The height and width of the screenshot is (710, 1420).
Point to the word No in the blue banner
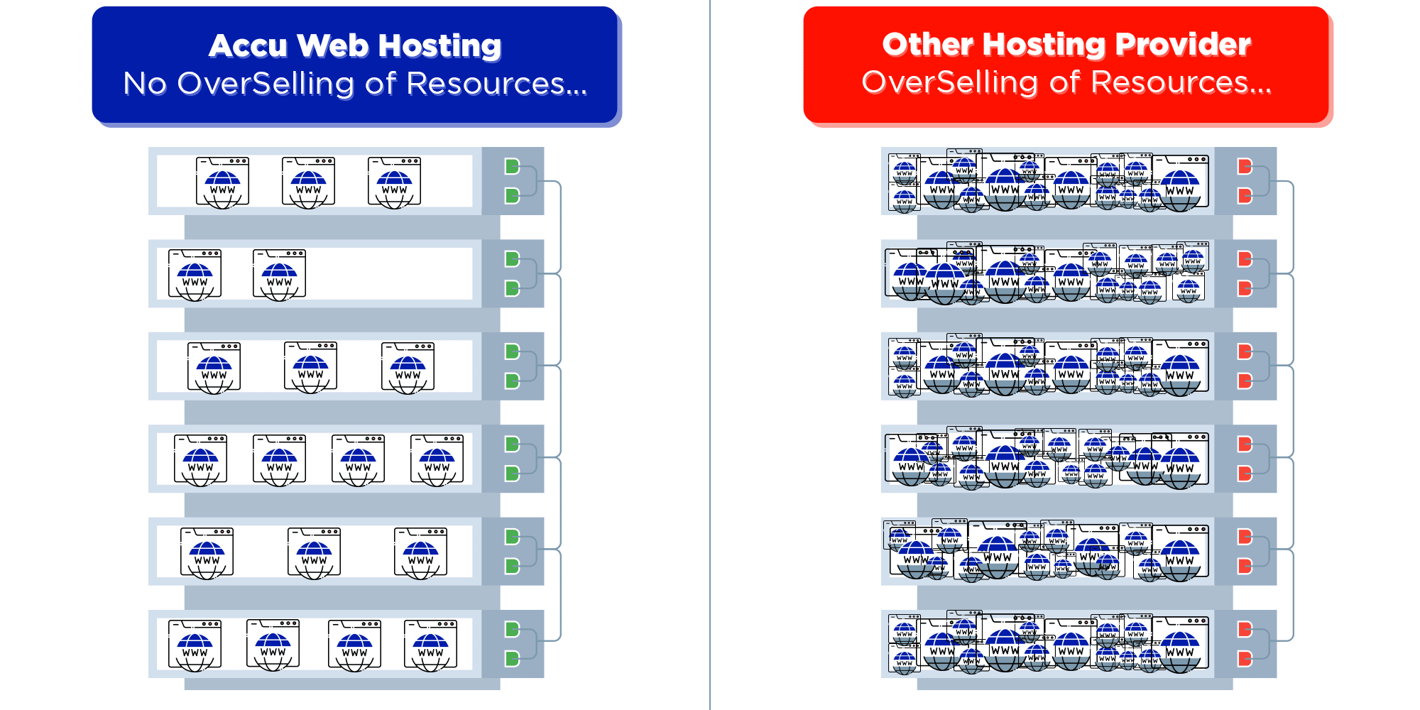145,84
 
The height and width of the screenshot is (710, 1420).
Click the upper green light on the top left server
512,167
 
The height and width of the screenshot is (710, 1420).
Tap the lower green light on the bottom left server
512,659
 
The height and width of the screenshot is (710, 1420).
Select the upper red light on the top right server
1245,167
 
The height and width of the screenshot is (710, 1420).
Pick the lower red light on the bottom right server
1245,659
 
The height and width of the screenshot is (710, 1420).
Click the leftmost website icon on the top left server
222,182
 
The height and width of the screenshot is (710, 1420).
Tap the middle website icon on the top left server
308,182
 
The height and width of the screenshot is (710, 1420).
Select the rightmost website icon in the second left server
279,275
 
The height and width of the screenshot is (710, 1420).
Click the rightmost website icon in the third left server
408,368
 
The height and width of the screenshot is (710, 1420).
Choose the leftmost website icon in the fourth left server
200,460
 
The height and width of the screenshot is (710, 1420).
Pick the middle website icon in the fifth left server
314,553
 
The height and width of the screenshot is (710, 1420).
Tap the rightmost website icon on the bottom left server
430,645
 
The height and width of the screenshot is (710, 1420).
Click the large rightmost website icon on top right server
1180,183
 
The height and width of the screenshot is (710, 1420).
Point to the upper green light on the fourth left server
512,444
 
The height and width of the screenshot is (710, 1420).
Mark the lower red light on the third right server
1245,381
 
